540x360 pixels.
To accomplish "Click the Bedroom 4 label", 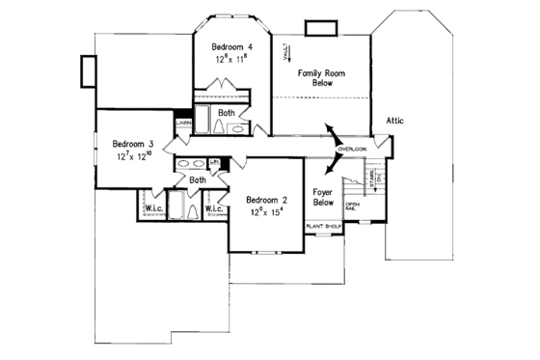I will pos(230,45).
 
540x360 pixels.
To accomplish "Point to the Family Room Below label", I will pos(321,77).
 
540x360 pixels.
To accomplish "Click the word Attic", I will pos(394,121).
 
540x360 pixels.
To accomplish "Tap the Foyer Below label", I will pos(323,197).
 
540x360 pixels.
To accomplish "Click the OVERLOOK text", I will pos(353,150).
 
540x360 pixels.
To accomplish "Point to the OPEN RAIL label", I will pos(353,207).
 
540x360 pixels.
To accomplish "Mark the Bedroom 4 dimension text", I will pos(230,59).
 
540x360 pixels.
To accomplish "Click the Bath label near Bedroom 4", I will pos(226,113).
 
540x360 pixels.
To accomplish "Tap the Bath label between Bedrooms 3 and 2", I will pos(197,180).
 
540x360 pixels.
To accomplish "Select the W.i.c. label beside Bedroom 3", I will pos(153,208).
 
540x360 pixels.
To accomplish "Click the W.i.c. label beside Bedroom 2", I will pos(214,208).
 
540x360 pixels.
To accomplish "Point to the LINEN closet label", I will pos(182,123).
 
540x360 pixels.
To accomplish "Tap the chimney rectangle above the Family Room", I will pos(318,27).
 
